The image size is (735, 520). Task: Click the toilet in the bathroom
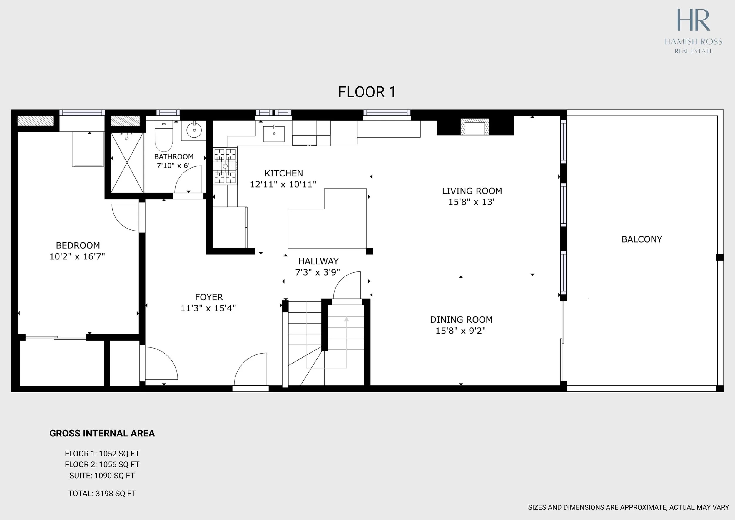(x=163, y=136)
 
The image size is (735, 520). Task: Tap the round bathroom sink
(x=194, y=130)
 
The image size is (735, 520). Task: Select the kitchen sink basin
(x=274, y=134)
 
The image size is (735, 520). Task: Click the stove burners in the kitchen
(x=225, y=166)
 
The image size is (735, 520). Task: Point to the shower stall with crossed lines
(x=127, y=163)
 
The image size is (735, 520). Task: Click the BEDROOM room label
(x=78, y=246)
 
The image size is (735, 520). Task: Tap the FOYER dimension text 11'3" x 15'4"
(x=208, y=308)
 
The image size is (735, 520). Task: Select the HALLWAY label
(x=318, y=261)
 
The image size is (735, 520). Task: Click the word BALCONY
(x=642, y=239)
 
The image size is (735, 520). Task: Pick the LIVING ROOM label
(x=472, y=191)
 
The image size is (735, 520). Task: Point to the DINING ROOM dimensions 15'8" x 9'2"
(x=461, y=331)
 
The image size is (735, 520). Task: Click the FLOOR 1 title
(x=367, y=92)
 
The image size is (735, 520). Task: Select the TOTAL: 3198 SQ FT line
(x=102, y=494)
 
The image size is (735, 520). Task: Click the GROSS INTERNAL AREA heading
(x=102, y=433)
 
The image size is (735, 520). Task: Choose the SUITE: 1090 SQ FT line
(x=102, y=476)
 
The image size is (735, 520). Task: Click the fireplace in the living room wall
(x=475, y=127)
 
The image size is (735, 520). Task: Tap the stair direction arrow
(x=346, y=343)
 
